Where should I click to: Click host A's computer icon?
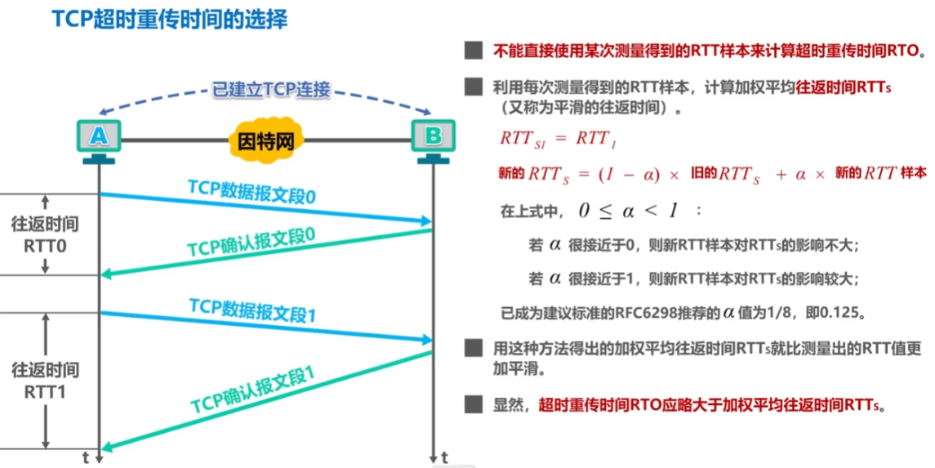pyautogui.click(x=98, y=136)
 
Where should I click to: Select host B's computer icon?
pyautogui.click(x=433, y=136)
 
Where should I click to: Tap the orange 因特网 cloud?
pyautogui.click(x=265, y=140)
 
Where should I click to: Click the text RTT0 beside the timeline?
pyautogui.click(x=46, y=245)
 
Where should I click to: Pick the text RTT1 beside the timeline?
pyautogui.click(x=46, y=392)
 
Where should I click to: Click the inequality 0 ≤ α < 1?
pyautogui.click(x=628, y=210)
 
